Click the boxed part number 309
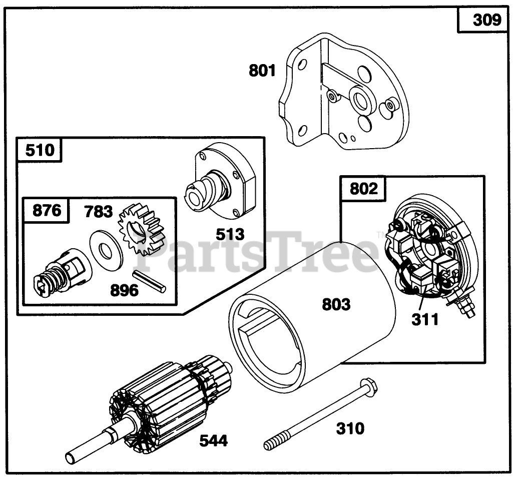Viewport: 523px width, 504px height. pyautogui.click(x=486, y=20)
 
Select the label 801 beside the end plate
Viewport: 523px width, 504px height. pyautogui.click(x=262, y=71)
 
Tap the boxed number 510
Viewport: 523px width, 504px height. pyautogui.click(x=40, y=150)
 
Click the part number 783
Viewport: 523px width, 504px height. pyautogui.click(x=98, y=211)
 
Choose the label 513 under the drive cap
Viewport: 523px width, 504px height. pyautogui.click(x=230, y=234)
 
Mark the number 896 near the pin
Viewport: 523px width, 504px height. pyautogui.click(x=124, y=290)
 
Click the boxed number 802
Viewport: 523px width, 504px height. pyautogui.click(x=364, y=189)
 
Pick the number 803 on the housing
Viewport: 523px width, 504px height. pyautogui.click(x=336, y=304)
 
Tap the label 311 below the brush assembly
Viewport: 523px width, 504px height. pyautogui.click(x=425, y=319)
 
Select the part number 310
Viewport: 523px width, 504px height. pyautogui.click(x=350, y=428)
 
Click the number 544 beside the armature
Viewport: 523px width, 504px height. pyautogui.click(x=213, y=441)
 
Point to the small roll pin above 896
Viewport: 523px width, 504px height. pyautogui.click(x=149, y=281)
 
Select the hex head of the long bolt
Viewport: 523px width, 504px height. pyautogui.click(x=368, y=386)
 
